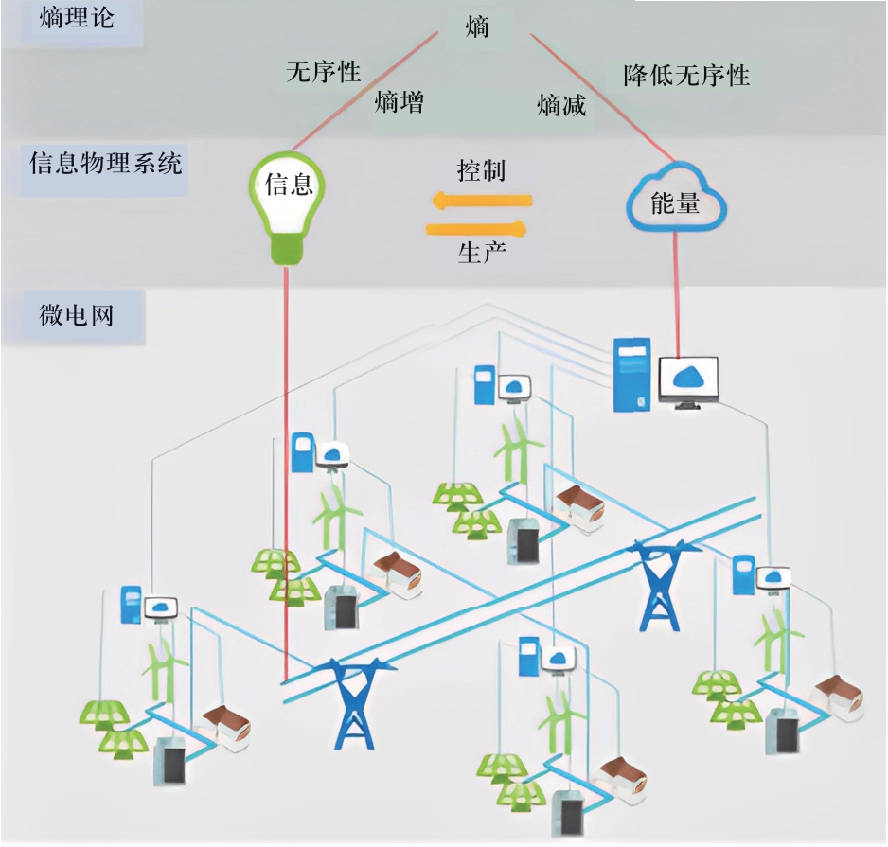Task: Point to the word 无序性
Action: click(x=323, y=72)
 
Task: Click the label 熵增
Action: click(x=399, y=101)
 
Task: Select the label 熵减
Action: click(x=561, y=105)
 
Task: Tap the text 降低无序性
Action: click(x=686, y=76)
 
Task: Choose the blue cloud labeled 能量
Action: click(x=675, y=199)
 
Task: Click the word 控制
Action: click(x=481, y=170)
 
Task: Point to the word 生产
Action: click(x=481, y=253)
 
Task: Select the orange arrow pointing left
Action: click(x=481, y=201)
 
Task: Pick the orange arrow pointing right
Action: click(x=476, y=228)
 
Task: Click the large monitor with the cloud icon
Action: click(x=688, y=381)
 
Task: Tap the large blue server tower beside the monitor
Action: click(x=632, y=375)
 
